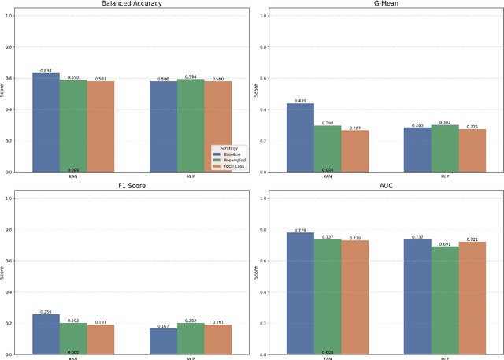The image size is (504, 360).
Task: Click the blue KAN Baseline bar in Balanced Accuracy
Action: (x=46, y=122)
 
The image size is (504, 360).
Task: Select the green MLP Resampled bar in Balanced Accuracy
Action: (x=191, y=125)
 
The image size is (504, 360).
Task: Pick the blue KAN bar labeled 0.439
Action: (x=300, y=138)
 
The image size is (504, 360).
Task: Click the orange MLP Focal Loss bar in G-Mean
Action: (x=472, y=150)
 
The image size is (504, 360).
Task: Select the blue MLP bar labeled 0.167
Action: (x=164, y=341)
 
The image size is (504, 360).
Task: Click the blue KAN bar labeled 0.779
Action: (x=300, y=293)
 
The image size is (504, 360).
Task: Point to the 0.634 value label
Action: (x=46, y=71)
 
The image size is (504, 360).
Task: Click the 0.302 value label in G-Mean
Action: (x=445, y=122)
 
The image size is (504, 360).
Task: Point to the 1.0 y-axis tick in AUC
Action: (x=263, y=199)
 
